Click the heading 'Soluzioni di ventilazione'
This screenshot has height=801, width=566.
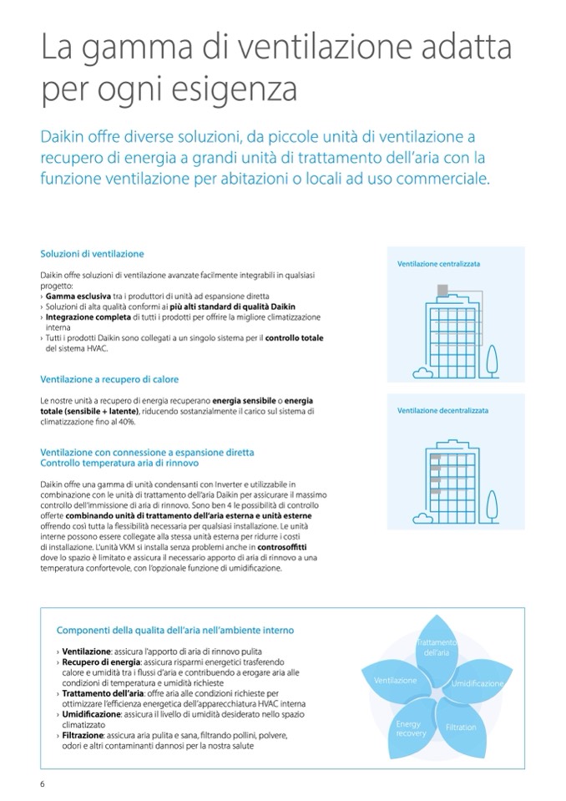tap(92, 254)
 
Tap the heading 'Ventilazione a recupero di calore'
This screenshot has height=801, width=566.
tap(109, 379)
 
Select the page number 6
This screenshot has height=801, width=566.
tap(42, 783)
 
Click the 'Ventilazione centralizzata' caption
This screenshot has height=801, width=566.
tap(438, 264)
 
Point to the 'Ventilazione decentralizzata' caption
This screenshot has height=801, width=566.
tap(442, 411)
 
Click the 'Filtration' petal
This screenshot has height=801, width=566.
tap(460, 727)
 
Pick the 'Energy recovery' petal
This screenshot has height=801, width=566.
tap(411, 727)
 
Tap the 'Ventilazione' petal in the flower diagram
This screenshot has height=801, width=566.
tap(397, 681)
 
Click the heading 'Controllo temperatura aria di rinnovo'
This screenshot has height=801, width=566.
tap(119, 463)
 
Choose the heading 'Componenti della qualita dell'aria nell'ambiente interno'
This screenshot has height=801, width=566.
tap(175, 630)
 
